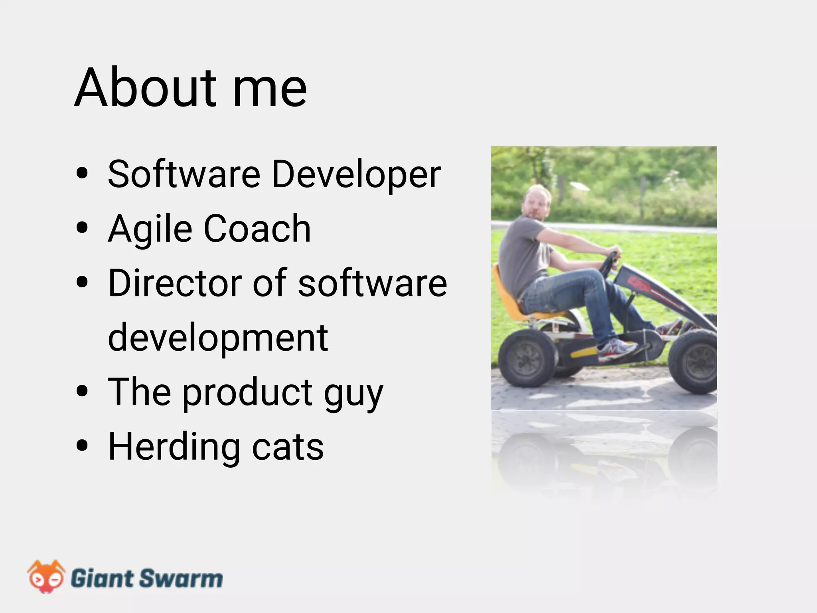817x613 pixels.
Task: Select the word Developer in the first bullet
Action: (356, 174)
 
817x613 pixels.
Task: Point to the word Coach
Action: (257, 228)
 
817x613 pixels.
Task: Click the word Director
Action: (175, 283)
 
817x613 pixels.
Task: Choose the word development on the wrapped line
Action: (218, 338)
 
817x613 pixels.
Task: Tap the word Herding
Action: (174, 447)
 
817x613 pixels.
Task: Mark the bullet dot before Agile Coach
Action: (82, 228)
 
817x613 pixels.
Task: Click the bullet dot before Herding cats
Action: (82, 446)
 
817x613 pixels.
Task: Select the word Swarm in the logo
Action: (181, 578)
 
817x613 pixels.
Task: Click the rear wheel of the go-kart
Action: (527, 358)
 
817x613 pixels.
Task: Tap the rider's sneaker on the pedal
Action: (616, 348)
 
